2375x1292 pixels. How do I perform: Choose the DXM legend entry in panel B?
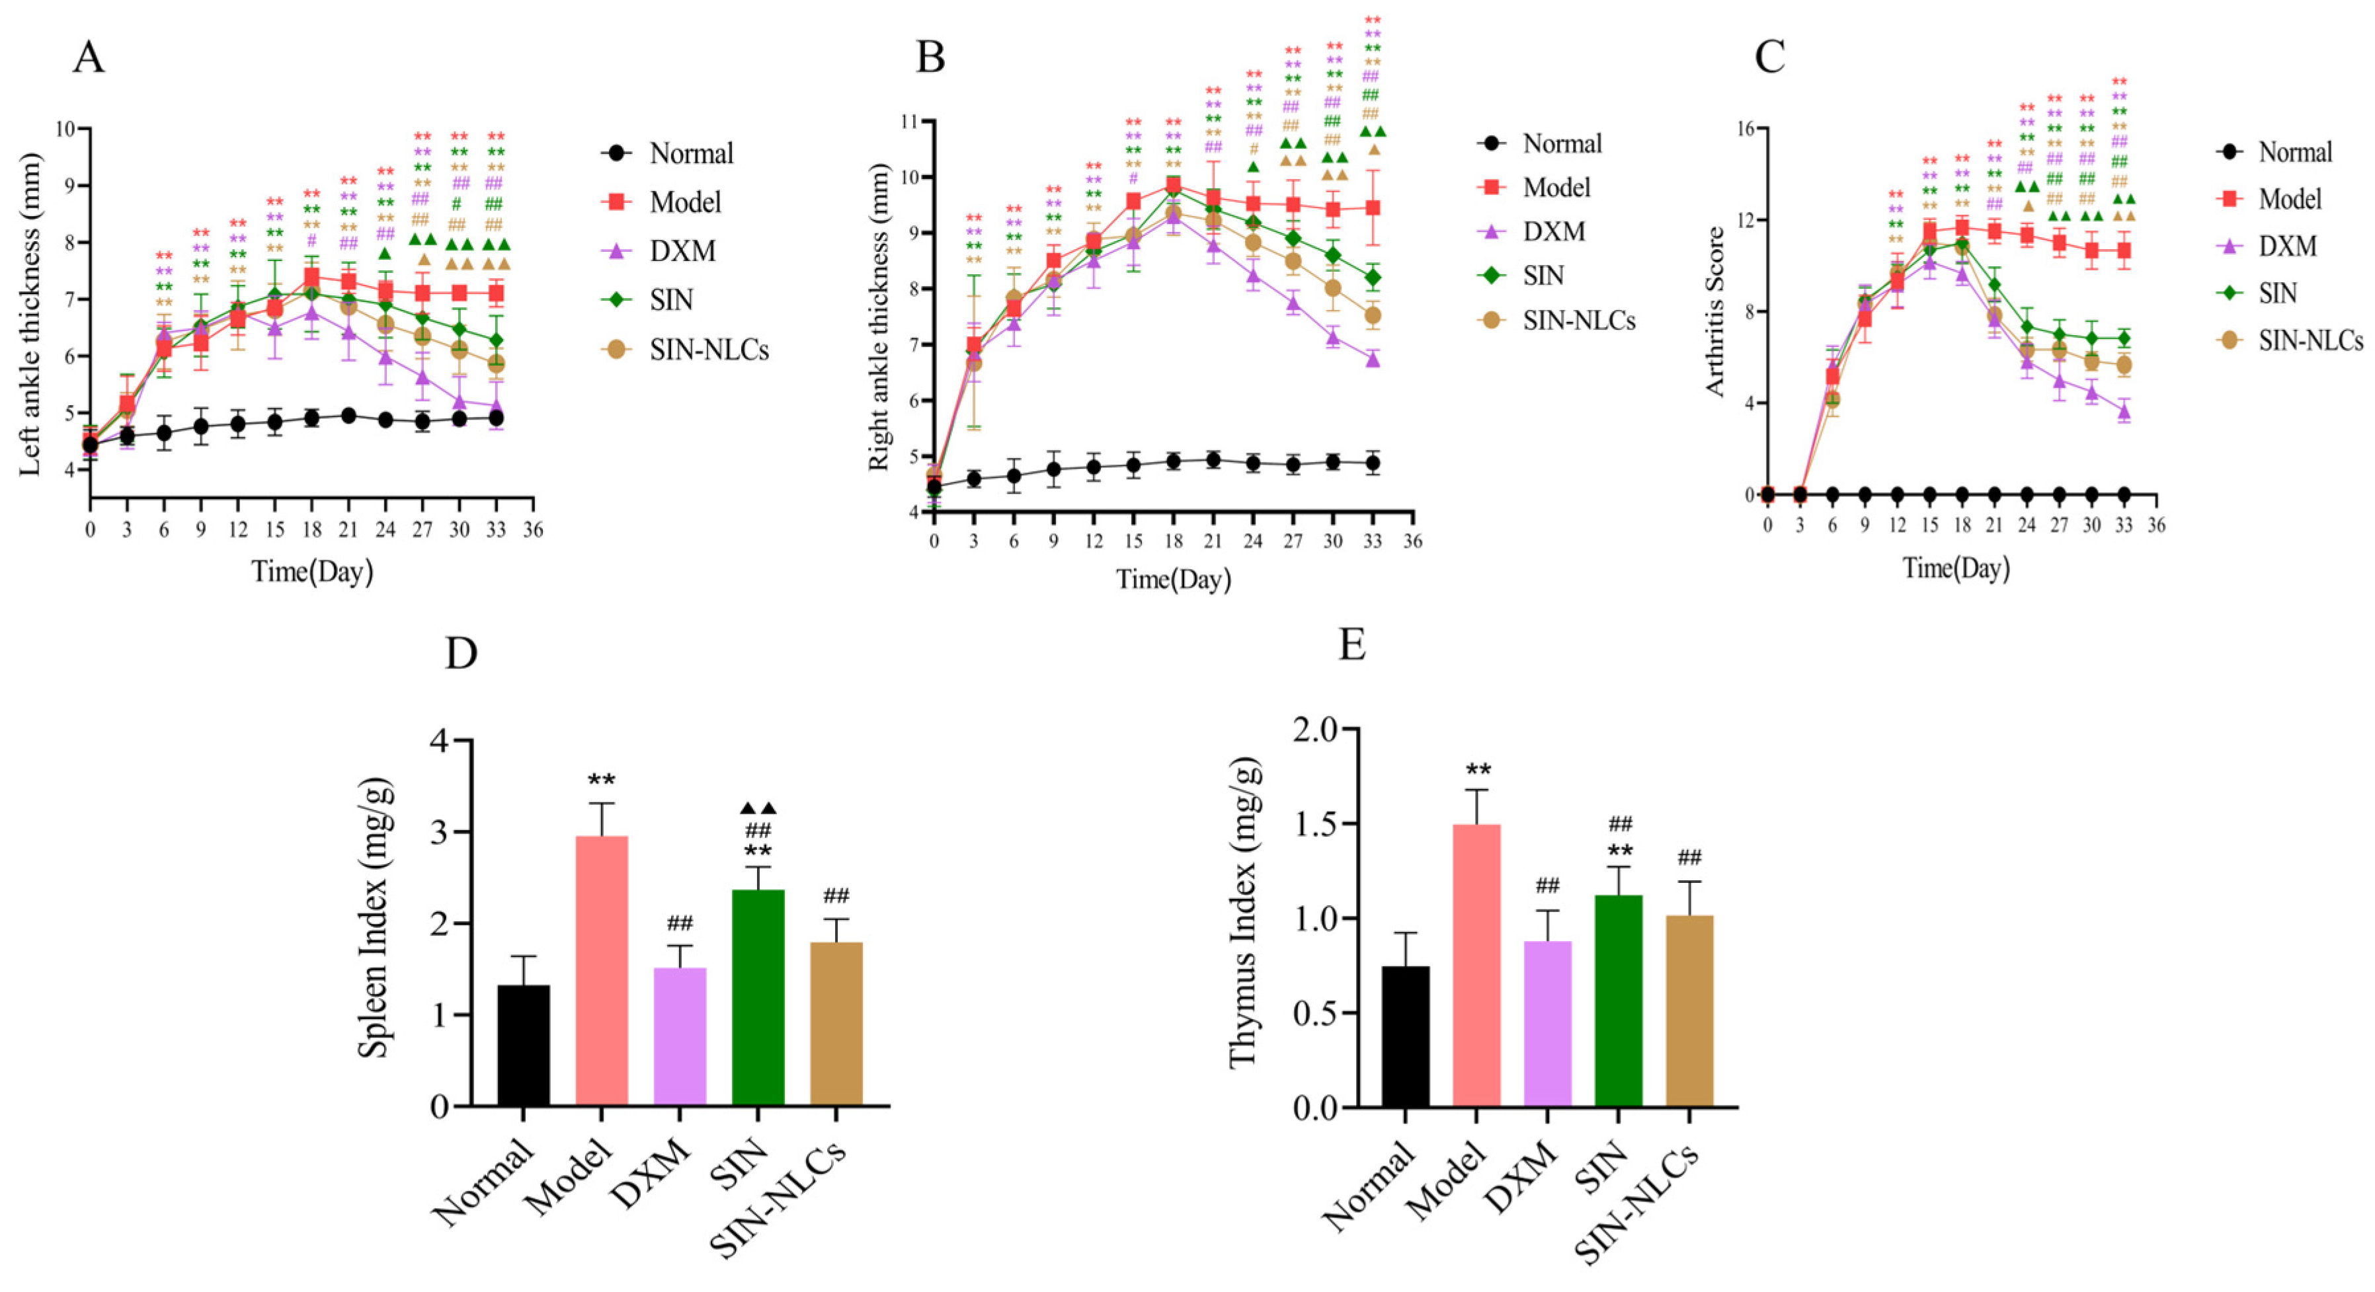(1554, 231)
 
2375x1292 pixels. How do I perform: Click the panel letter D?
(461, 652)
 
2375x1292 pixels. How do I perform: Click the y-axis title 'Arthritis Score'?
(1715, 311)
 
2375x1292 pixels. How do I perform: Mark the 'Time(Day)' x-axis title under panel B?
(1173, 579)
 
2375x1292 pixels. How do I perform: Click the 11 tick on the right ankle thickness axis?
(912, 121)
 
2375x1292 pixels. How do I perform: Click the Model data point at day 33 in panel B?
(1373, 208)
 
